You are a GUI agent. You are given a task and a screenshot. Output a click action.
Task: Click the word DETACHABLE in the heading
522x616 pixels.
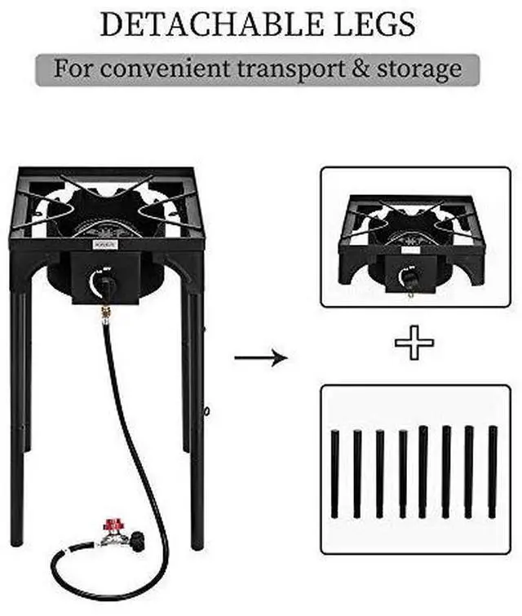(212, 24)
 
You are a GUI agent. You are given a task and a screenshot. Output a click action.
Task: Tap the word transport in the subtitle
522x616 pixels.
(291, 69)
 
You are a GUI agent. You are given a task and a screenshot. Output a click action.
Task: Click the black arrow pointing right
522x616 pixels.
(261, 357)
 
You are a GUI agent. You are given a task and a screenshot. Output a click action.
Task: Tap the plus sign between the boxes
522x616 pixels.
(414, 343)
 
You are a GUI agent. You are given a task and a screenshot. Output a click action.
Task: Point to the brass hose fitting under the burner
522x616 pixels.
(105, 313)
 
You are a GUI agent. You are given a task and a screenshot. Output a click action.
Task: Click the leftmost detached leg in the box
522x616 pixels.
(334, 474)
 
